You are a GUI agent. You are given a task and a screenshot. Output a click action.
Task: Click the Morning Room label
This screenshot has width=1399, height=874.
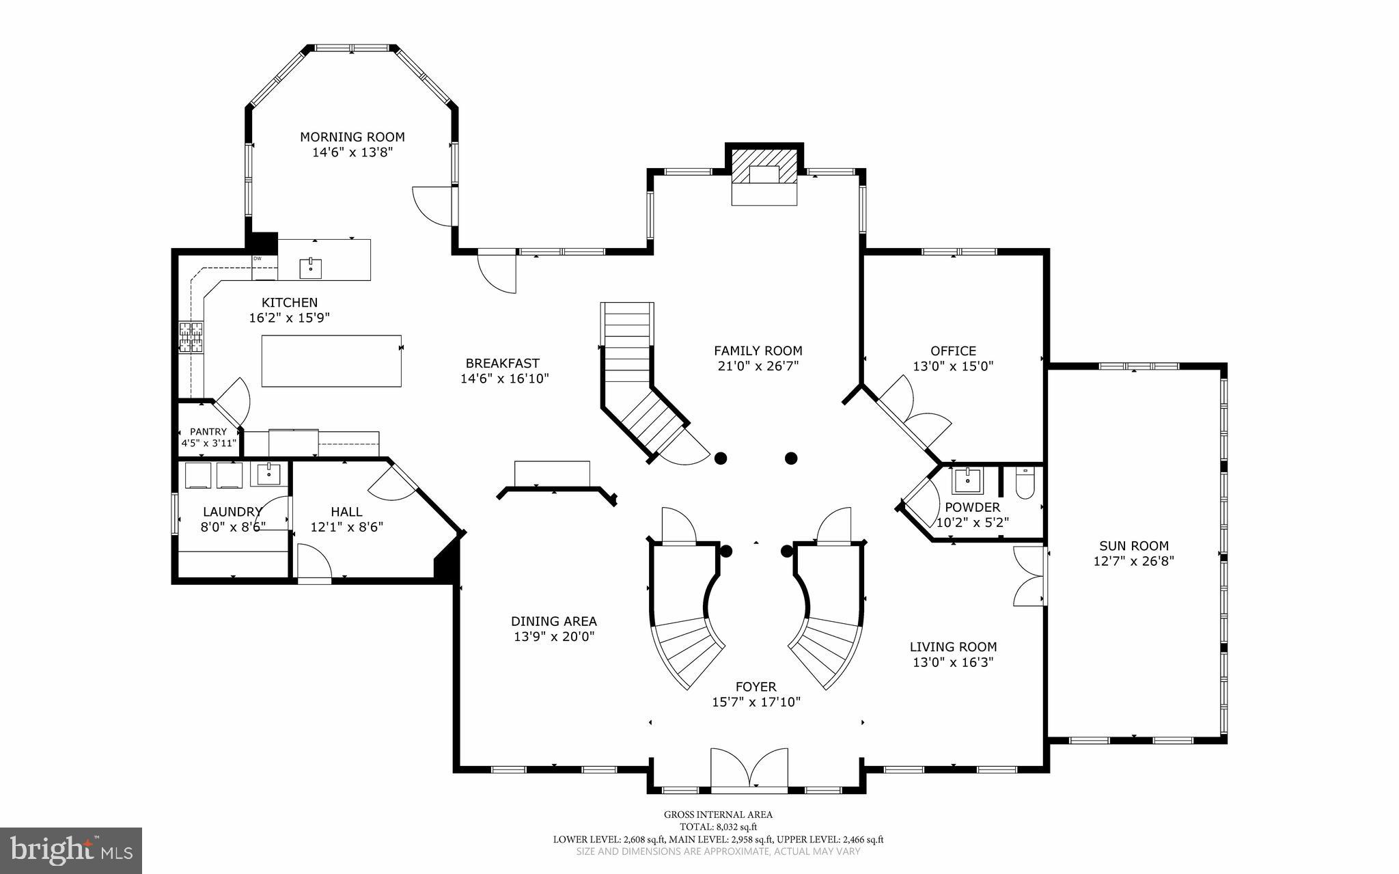click(352, 137)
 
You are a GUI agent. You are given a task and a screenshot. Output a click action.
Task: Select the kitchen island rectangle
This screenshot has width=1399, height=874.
click(331, 361)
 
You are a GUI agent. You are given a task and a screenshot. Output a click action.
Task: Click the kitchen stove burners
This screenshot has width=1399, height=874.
click(191, 338)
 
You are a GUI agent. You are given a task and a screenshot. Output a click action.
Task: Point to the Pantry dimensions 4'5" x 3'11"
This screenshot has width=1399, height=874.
click(208, 443)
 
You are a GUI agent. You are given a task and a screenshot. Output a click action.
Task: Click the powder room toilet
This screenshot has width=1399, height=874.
click(1025, 484)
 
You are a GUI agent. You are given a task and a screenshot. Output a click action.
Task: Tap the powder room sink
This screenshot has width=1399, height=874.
click(967, 480)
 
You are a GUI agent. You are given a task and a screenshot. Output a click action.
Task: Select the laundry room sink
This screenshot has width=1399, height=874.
click(268, 473)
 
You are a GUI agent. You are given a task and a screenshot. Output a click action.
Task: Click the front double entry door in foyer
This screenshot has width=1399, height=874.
click(749, 769)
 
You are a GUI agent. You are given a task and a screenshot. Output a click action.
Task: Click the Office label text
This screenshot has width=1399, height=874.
click(953, 351)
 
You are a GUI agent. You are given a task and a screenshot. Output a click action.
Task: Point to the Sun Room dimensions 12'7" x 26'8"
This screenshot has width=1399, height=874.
click(1133, 561)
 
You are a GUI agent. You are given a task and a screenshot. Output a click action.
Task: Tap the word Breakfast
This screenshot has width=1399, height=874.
click(502, 364)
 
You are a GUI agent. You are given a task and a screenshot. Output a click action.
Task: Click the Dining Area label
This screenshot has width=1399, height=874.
click(553, 621)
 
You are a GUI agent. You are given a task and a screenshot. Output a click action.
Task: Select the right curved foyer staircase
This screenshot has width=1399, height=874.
click(827, 636)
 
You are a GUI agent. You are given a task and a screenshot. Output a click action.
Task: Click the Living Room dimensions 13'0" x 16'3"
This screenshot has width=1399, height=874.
click(953, 661)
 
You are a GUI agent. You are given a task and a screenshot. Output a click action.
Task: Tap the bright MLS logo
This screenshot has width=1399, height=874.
click(70, 849)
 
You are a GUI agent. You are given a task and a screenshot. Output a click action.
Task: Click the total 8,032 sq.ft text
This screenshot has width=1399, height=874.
click(718, 826)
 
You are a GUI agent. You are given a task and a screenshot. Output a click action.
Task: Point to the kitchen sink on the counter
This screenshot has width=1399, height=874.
click(311, 267)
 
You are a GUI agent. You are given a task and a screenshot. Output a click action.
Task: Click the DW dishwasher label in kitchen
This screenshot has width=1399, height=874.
click(258, 258)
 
